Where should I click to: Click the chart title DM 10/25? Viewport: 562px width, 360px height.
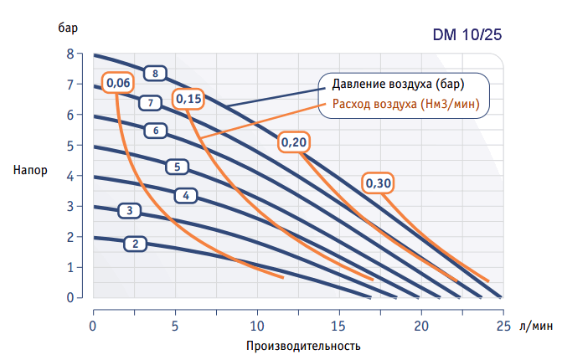[468, 36]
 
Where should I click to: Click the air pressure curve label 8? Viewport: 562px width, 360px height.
[155, 73]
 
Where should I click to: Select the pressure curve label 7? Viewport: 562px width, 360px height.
[149, 103]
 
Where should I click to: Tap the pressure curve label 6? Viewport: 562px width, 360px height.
[156, 130]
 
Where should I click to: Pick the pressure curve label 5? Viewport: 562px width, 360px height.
[178, 167]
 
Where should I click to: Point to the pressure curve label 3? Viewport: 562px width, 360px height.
[130, 210]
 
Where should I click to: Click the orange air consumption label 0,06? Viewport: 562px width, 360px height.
[117, 83]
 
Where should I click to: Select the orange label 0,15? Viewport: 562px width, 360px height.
[188, 99]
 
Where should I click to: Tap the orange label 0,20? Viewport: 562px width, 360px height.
[294, 142]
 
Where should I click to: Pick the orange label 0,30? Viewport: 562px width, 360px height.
[379, 183]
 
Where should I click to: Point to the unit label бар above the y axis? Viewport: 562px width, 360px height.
[69, 26]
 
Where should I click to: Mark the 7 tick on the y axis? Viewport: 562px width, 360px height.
[71, 85]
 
